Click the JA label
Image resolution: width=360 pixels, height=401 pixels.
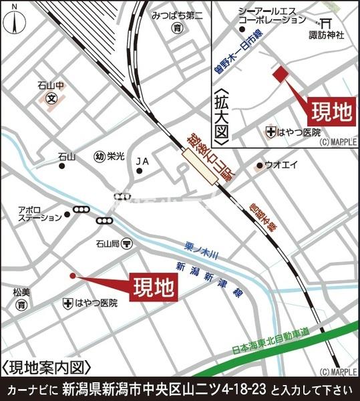[x=142, y=161]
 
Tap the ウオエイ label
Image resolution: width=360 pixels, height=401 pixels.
[x=277, y=164]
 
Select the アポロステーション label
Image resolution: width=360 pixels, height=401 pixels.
[x=40, y=214]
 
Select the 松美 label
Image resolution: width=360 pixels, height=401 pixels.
[x=22, y=292]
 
